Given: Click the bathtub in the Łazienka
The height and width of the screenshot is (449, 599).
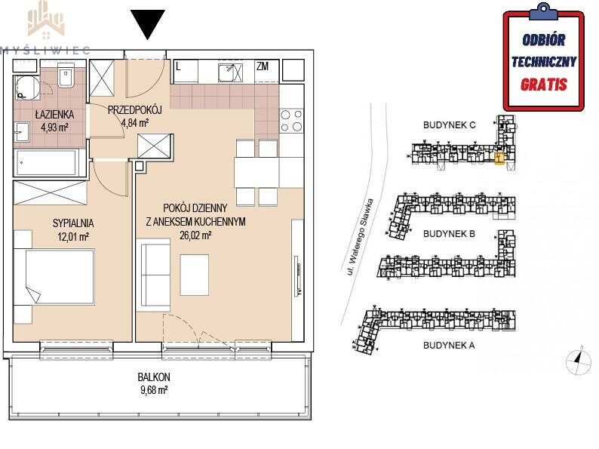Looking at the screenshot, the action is click(x=47, y=162).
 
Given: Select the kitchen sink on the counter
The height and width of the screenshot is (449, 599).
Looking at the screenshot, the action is click(x=230, y=72).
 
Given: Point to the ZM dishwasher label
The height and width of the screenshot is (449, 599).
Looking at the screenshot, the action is click(x=263, y=66).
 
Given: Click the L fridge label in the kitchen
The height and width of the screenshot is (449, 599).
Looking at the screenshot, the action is click(x=178, y=67).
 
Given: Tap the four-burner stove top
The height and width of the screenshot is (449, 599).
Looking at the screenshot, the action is click(x=291, y=121).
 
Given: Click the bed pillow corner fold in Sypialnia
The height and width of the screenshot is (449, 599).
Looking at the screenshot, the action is click(x=33, y=294).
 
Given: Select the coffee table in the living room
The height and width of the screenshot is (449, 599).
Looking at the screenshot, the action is click(x=195, y=275).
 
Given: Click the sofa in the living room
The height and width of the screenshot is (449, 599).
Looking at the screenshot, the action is click(x=153, y=275).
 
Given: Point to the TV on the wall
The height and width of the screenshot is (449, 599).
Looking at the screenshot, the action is click(x=298, y=280).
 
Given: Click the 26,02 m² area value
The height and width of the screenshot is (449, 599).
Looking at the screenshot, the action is click(x=195, y=235).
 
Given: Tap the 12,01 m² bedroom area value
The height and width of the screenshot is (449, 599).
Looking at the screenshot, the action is click(x=73, y=237).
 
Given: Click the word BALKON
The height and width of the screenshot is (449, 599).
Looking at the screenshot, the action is click(x=154, y=377).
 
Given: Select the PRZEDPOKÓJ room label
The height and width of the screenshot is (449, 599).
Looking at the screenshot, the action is click(x=135, y=110).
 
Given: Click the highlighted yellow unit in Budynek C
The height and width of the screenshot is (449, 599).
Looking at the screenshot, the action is click(x=499, y=158).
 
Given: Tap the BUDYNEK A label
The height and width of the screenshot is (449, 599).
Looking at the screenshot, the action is click(x=449, y=346).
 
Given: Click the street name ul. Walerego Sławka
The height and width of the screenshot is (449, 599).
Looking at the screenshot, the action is click(x=357, y=237).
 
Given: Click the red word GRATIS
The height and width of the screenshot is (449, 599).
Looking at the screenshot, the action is click(x=544, y=85).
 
